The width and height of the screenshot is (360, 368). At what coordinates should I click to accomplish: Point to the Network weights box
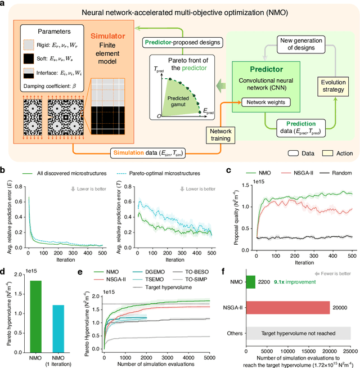pyautogui.click(x=265, y=103)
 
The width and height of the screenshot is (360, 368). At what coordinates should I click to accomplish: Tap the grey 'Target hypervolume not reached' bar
pyautogui.click(x=298, y=333)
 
